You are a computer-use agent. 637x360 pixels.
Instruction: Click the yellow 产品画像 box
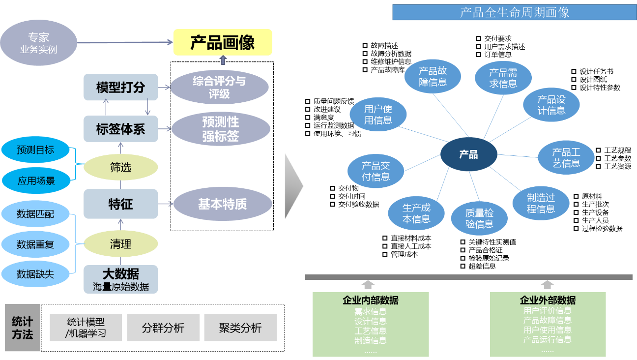click(x=222, y=42)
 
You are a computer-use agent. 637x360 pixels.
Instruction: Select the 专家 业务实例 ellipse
click(x=38, y=43)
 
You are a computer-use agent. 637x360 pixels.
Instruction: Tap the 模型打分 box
click(x=121, y=88)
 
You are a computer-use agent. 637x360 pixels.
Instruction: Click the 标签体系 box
click(x=121, y=129)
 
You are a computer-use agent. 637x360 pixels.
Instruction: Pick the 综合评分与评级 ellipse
click(x=219, y=87)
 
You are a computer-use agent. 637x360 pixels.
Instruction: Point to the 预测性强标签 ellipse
click(x=221, y=129)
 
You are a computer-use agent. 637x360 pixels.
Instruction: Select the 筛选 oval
click(x=121, y=168)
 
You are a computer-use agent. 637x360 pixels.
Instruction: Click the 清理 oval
click(x=121, y=244)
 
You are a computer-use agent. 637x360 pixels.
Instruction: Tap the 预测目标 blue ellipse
click(x=35, y=150)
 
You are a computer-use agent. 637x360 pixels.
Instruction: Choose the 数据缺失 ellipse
click(x=35, y=274)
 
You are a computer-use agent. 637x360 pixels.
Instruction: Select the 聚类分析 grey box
click(x=240, y=328)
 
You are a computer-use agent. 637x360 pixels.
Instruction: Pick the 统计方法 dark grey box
click(x=22, y=328)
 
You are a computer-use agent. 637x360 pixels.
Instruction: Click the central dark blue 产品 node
click(x=468, y=155)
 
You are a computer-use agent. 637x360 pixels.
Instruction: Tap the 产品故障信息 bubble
click(x=433, y=77)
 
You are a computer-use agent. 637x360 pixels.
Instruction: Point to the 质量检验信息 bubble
click(x=479, y=218)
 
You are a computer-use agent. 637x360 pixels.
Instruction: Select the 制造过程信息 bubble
click(x=541, y=203)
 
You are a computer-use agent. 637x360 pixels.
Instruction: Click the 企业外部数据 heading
click(x=548, y=300)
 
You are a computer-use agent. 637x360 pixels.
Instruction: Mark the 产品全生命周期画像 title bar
click(x=514, y=12)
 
